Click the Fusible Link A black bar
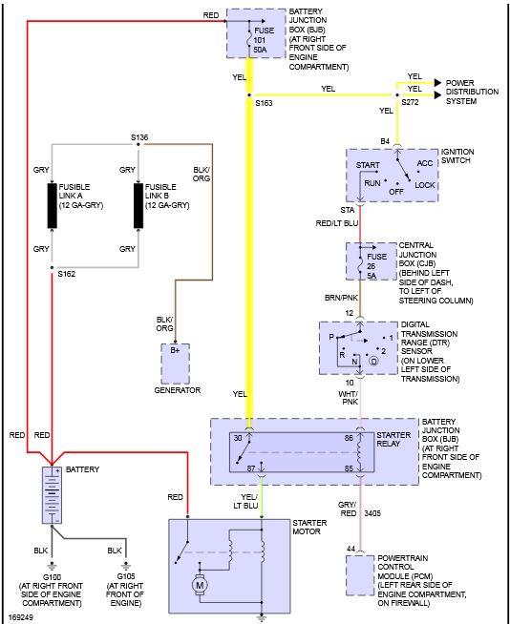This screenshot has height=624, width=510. pos(53,206)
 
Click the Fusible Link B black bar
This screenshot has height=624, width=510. pos(138,206)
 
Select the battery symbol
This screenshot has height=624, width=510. pos(53,495)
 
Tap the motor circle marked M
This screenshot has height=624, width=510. pos(200,585)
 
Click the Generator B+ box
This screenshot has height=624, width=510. pos(176,364)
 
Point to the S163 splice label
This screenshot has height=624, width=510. pos(264,103)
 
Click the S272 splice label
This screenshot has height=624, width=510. pos(410,102)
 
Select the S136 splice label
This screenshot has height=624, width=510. pos(139,137)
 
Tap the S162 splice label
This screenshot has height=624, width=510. pos(67,274)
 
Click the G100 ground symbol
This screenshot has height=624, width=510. pos(52,566)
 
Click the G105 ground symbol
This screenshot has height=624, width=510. pos(126,566)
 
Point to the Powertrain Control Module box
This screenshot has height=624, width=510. pos(360,575)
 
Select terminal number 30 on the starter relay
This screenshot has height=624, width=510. pos(238,438)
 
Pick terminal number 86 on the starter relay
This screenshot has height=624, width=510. pos(349,438)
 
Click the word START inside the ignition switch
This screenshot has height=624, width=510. pos(368,165)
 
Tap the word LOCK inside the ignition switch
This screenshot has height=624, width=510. pos(425,185)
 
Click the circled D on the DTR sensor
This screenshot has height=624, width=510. pos(373,362)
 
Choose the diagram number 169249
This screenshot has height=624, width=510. pos(21,617)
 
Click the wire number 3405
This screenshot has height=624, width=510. pos(372,513)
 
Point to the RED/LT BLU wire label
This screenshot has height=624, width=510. pos(337,223)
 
